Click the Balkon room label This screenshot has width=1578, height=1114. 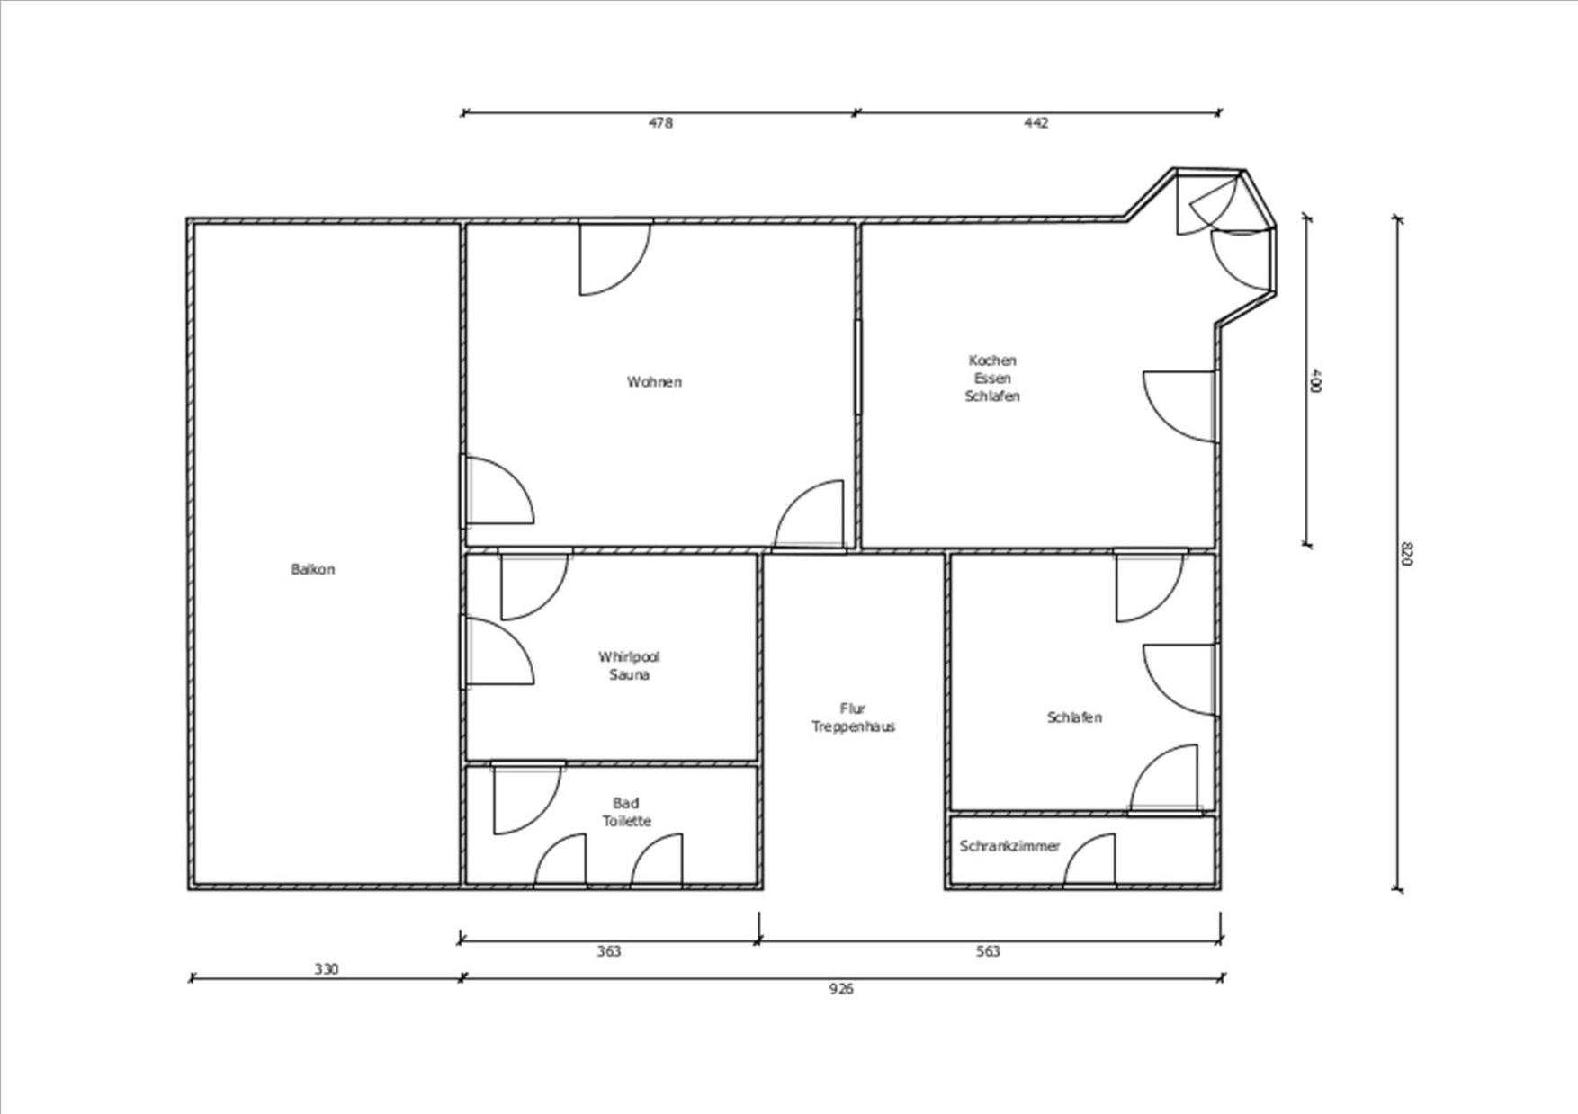click(x=313, y=569)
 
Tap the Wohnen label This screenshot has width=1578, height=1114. click(x=654, y=382)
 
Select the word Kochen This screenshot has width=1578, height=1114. click(x=992, y=361)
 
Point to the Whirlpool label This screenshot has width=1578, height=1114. click(x=629, y=657)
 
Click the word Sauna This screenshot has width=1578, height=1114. click(x=629, y=675)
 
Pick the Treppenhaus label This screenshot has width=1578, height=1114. click(x=853, y=727)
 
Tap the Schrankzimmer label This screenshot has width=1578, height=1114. click(x=1009, y=846)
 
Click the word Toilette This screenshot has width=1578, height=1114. click(x=626, y=821)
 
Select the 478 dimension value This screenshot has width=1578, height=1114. click(x=660, y=123)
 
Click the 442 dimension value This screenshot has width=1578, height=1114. click(x=1036, y=123)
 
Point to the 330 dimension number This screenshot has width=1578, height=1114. click(x=327, y=969)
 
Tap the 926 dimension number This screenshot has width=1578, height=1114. click(x=841, y=989)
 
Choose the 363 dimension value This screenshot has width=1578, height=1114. click(x=609, y=951)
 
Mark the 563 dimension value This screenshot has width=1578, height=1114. click(x=988, y=951)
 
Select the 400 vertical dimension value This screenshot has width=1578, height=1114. click(x=1315, y=379)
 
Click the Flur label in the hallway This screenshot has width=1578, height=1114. click(x=852, y=709)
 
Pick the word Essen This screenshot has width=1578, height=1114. click(x=992, y=379)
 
